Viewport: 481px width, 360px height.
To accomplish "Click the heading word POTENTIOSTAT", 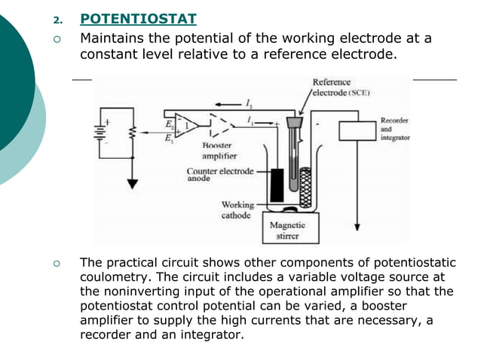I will click(x=138, y=19).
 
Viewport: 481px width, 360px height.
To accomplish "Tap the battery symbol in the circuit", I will click(x=98, y=133).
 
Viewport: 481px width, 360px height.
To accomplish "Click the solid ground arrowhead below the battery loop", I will click(x=133, y=183).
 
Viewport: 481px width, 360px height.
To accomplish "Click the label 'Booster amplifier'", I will click(x=219, y=150).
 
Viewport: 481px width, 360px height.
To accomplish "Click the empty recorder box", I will click(x=358, y=130).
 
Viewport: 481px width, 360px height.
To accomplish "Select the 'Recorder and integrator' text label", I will click(x=394, y=129).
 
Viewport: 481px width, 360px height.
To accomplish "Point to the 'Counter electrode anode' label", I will click(x=219, y=175).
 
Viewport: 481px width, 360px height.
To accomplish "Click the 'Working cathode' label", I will click(x=237, y=209).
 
